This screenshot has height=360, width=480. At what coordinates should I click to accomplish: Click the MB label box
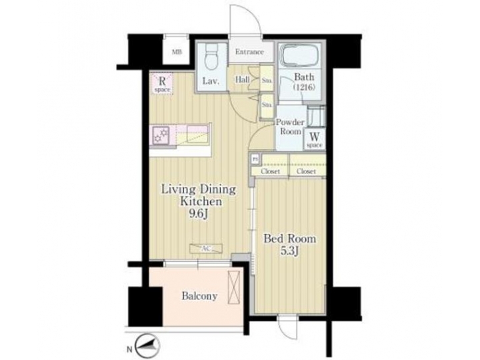point(177,51)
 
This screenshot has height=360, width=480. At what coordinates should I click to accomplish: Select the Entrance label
point(249,52)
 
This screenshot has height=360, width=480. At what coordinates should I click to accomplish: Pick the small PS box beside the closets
point(254,159)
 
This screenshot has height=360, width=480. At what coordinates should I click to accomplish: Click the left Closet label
point(269,171)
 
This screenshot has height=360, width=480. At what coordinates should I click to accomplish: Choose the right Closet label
point(306,171)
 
